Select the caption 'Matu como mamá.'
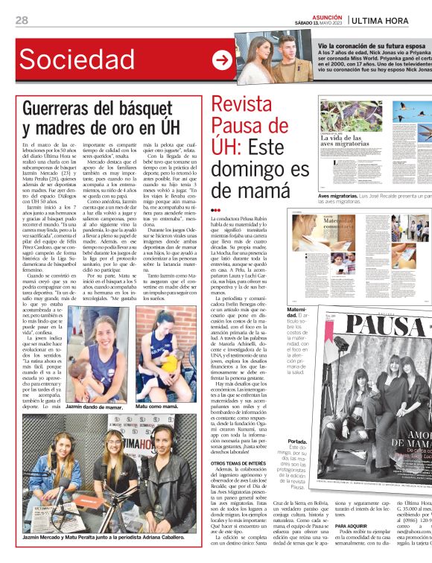[x=156, y=406]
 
